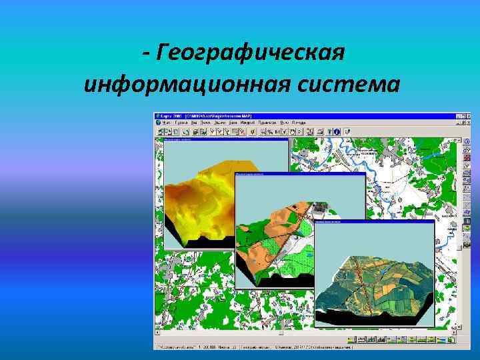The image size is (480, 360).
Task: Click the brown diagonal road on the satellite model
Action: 363,280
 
